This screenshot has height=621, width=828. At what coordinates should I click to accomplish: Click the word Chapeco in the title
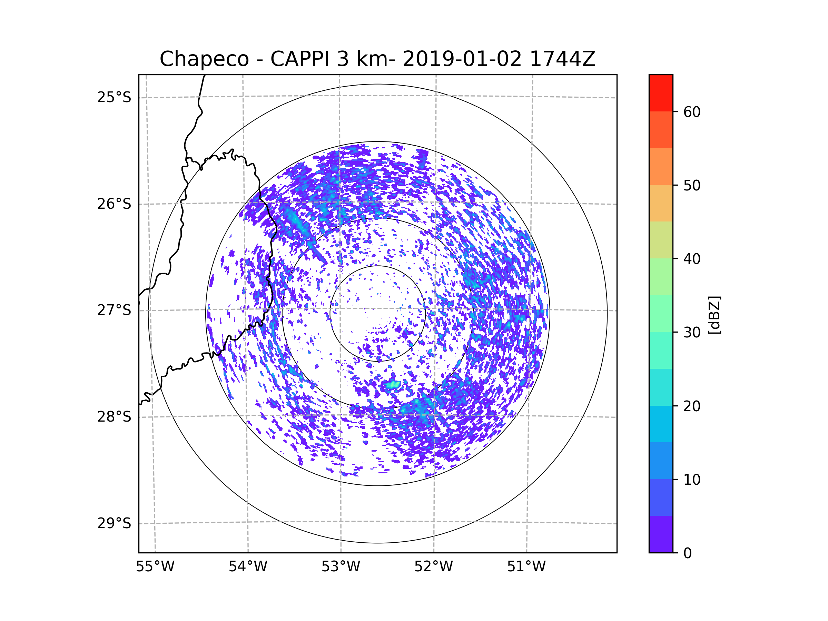[x=204, y=59]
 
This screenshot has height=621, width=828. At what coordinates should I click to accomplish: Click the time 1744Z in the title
[x=563, y=59]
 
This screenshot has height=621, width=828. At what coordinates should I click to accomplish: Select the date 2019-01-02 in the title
[x=462, y=59]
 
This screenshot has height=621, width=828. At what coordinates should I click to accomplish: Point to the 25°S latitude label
[x=114, y=97]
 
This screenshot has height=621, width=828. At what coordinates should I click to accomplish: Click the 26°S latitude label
[x=114, y=204]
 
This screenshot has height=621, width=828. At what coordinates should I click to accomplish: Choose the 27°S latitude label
[x=114, y=310]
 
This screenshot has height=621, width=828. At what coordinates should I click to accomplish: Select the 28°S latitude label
[x=114, y=417]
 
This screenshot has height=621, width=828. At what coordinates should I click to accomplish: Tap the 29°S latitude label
[x=114, y=523]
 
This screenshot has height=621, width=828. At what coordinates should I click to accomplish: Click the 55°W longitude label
[x=155, y=567]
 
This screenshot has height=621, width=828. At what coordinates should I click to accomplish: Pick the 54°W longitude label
[x=248, y=567]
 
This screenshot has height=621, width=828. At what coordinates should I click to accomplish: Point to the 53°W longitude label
[x=341, y=567]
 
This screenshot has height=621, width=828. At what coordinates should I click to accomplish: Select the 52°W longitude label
[x=433, y=567]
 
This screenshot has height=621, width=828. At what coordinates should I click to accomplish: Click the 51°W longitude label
[x=526, y=567]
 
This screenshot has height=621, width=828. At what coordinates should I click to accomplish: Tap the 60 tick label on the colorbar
[x=692, y=112]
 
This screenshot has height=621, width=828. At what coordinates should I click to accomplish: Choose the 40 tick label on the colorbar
[x=692, y=259]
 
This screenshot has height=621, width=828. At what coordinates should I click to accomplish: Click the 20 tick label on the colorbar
[x=692, y=406]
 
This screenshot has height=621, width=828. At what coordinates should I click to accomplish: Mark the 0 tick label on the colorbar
[x=688, y=553]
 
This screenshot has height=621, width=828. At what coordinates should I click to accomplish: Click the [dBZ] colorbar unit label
[x=714, y=315]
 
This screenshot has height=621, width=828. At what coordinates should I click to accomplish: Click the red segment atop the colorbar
[x=661, y=93]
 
